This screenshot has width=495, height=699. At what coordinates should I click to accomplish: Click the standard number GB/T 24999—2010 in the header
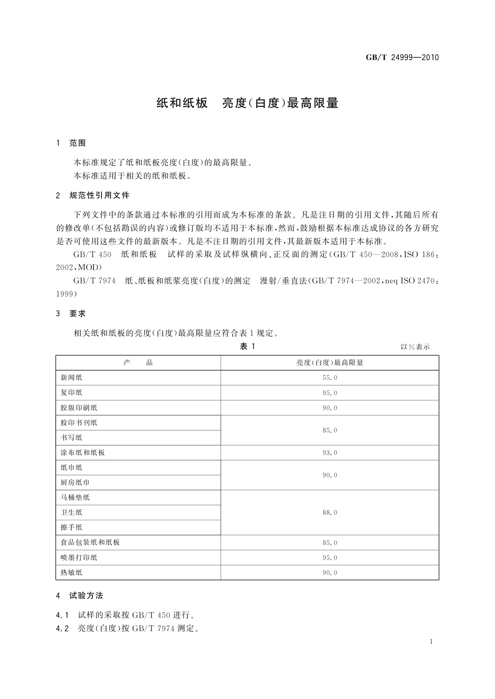point(402,58)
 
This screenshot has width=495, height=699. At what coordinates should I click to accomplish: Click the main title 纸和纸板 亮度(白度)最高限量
point(247,103)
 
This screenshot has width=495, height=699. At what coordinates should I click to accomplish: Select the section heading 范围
point(77,143)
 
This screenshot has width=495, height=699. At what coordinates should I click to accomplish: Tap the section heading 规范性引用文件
point(99,195)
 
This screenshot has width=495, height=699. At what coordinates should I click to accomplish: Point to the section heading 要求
point(77,314)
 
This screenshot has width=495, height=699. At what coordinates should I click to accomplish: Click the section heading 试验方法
point(86,596)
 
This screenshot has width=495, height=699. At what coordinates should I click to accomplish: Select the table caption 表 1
point(247,347)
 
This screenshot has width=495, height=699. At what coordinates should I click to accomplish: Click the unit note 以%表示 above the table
point(415,347)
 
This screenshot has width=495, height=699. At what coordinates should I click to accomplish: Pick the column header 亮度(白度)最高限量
point(330,363)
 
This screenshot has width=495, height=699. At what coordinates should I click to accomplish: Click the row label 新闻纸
point(71,378)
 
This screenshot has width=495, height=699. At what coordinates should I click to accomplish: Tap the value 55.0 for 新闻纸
point(330,378)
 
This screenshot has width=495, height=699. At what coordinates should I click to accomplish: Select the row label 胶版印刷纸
point(79,408)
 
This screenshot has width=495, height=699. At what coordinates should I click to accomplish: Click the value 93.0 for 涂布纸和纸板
point(330,453)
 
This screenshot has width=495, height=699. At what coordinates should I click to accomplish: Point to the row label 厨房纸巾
point(75,483)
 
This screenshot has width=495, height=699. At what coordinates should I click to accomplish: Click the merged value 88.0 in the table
point(330,513)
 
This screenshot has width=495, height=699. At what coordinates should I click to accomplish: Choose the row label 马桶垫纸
point(75,498)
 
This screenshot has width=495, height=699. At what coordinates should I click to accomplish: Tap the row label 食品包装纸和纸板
point(90,543)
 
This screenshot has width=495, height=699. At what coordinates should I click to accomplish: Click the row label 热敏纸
point(71,573)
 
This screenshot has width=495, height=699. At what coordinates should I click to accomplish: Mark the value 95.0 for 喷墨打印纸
point(330,558)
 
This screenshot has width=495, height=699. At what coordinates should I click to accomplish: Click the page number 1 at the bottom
point(431,642)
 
